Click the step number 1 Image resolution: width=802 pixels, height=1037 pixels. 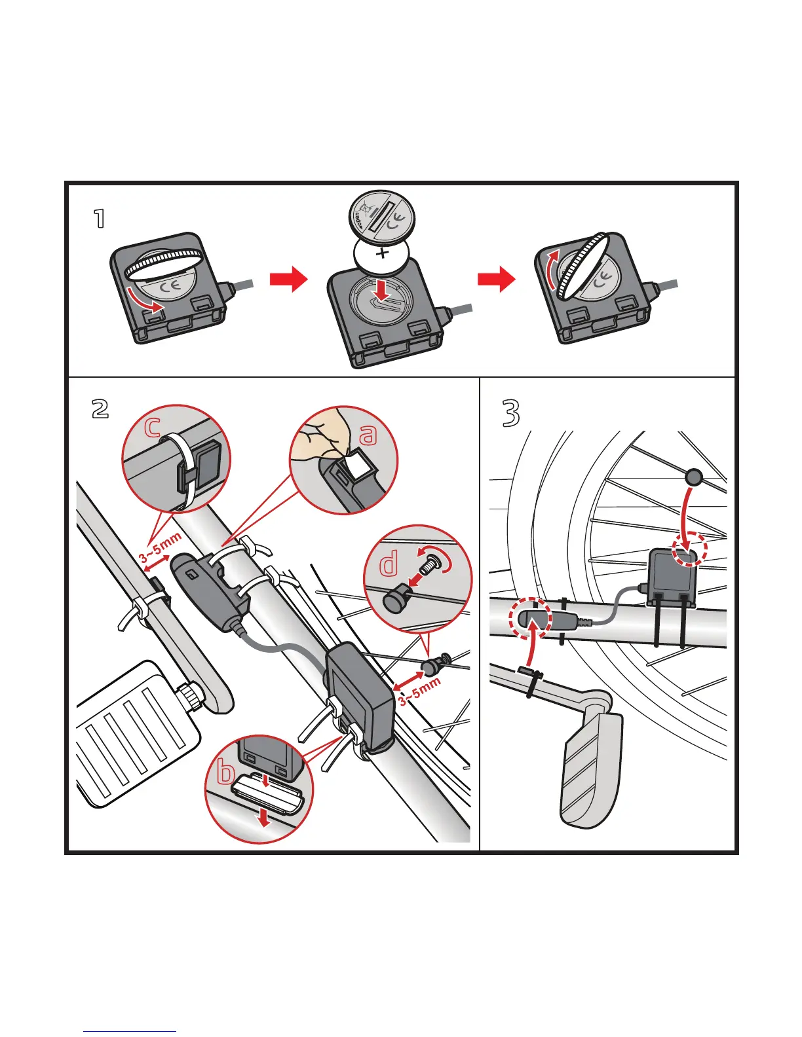[x=99, y=219]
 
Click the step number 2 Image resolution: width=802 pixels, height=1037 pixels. [x=100, y=409]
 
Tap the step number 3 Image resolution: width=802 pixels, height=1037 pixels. [x=511, y=413]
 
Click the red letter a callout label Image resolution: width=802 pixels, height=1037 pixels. [x=369, y=433]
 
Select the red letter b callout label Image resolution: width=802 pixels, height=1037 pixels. [x=225, y=773]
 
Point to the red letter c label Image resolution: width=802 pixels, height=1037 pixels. [x=152, y=427]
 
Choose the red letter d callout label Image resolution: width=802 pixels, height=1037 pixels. [x=389, y=564]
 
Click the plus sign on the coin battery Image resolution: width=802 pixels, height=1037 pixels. [x=383, y=253]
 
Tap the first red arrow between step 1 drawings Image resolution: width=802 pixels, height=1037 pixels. [x=288, y=280]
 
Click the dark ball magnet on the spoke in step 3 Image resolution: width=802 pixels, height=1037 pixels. [x=694, y=477]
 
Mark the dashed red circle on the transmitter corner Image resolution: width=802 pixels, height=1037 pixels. [x=691, y=549]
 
